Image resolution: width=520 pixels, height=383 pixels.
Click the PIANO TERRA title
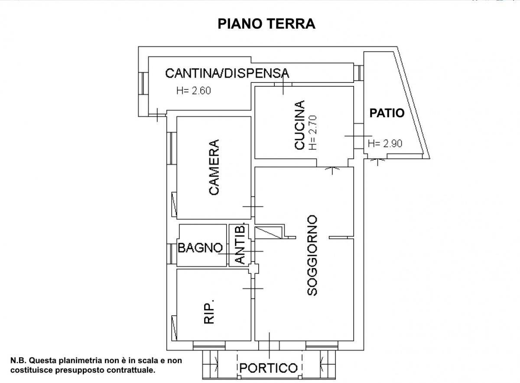click(x=266, y=23)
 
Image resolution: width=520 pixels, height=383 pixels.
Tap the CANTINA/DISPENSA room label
click(x=227, y=73)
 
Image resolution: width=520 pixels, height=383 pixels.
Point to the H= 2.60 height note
click(x=193, y=91)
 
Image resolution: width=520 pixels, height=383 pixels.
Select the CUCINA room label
click(x=299, y=125)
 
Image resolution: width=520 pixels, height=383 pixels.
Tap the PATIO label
click(x=387, y=113)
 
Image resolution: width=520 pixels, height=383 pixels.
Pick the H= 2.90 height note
click(x=385, y=144)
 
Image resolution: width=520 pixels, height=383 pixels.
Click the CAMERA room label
click(x=214, y=167)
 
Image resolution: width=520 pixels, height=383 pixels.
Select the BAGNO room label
click(x=200, y=248)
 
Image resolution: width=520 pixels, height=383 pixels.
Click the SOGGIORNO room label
click(x=312, y=255)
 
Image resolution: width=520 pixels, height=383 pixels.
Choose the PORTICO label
click(x=269, y=368)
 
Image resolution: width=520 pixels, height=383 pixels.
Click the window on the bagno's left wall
click(x=172, y=254)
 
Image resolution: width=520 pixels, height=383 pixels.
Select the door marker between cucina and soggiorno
click(x=332, y=167)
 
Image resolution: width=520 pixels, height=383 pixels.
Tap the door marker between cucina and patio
click(x=354, y=136)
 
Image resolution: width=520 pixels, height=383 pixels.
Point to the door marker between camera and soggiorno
click(x=253, y=206)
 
